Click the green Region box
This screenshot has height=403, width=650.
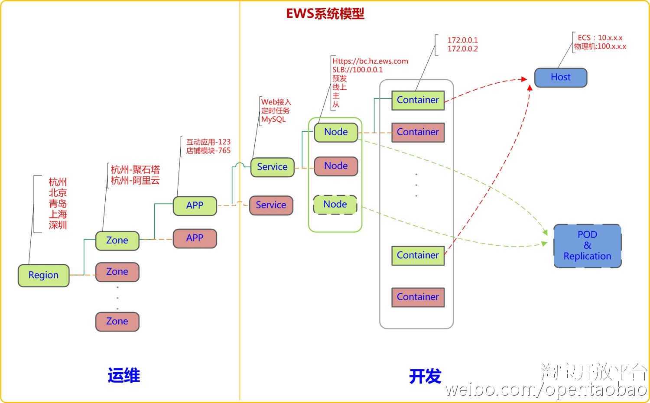coord(43,275)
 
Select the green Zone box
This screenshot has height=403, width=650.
coord(117,240)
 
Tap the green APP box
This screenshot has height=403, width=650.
coord(195,205)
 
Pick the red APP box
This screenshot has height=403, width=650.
coord(195,238)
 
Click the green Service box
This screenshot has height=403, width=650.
coord(272,167)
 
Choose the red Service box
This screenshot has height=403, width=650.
coord(271,205)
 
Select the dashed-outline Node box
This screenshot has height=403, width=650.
coord(335,205)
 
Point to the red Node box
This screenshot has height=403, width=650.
coord(336,166)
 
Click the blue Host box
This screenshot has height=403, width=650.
coord(560,77)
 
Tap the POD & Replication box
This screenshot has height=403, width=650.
coord(587,245)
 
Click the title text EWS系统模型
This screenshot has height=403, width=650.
coord(325,14)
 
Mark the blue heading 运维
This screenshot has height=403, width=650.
coord(124,375)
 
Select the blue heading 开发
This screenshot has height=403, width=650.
coord(425,376)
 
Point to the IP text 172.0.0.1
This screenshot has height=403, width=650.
coord(462,40)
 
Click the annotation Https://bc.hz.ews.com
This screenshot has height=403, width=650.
coord(370,61)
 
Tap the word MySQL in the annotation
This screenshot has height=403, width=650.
coord(273,119)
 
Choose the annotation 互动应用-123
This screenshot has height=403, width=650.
coord(208,142)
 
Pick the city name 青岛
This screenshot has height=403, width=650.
coord(58,203)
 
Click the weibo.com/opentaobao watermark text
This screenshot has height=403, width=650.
coord(546,389)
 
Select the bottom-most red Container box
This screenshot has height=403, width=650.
coord(418,297)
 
